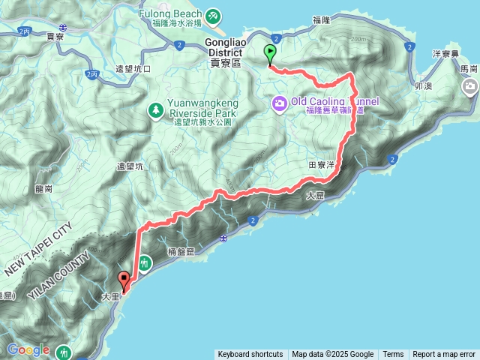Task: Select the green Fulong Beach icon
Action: pyautogui.click(x=213, y=15)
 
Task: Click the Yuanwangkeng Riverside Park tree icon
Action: pyautogui.click(x=156, y=110)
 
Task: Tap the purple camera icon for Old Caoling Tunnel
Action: pyautogui.click(x=279, y=102)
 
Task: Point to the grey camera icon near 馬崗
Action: pyautogui.click(x=471, y=88)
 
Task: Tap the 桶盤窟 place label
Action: pyautogui.click(x=180, y=253)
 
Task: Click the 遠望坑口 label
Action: pyautogui.click(x=134, y=69)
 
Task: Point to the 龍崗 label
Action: pyautogui.click(x=43, y=190)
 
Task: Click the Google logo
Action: pyautogui.click(x=28, y=349)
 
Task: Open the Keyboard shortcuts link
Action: pyautogui.click(x=250, y=355)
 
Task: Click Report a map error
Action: pyautogui.click(x=444, y=355)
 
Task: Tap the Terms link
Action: pyautogui.click(x=393, y=355)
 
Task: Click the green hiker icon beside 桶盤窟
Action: pyautogui.click(x=144, y=263)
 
